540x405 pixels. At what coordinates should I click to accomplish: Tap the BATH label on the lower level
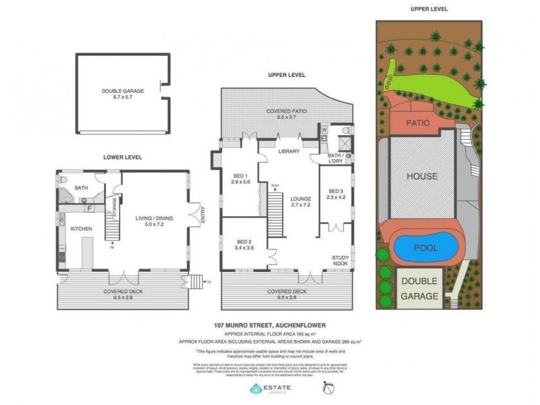81,188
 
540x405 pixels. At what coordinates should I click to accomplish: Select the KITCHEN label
81,230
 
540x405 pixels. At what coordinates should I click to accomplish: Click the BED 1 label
241,178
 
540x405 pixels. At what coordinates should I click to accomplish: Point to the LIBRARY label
288,152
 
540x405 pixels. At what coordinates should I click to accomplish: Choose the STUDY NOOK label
340,261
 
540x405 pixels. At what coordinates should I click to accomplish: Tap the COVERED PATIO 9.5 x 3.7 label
287,113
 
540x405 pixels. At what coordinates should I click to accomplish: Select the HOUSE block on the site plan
421,177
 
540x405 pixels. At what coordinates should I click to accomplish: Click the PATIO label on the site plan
419,123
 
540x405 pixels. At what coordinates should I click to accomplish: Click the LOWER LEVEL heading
122,157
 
